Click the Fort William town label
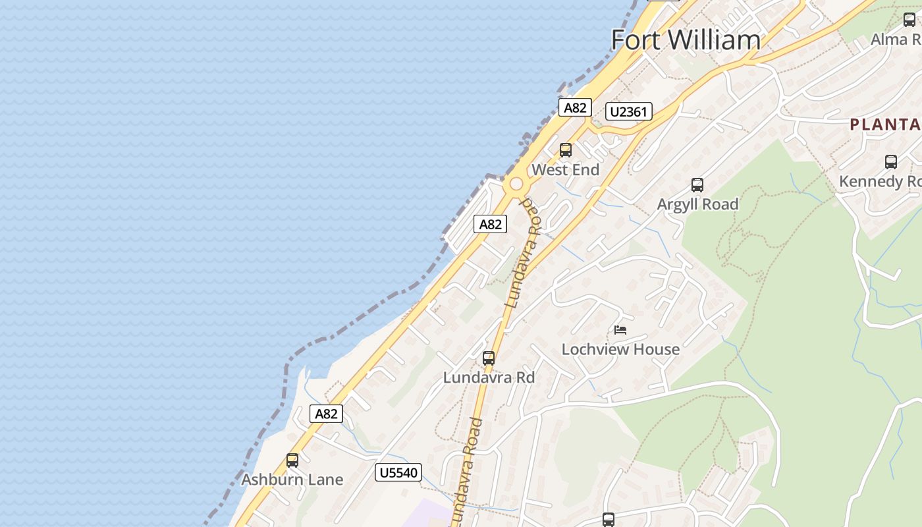pos(686,40)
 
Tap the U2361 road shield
pos(629,111)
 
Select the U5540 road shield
pos(398,472)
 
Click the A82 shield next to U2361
pos(575,107)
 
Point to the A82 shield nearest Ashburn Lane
pos(326,414)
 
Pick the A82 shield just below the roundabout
pos(490,224)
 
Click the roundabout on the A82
pos(516,184)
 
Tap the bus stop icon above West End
pos(565,150)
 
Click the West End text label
pos(565,170)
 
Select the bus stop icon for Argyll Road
pos(697,185)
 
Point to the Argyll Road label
pos(697,205)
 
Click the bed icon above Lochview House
pos(620,329)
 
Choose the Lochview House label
pos(620,349)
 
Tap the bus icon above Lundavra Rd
pos(489,358)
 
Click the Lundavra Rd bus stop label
pos(489,378)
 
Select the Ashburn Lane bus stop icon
pos(292,460)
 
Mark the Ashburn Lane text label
pos(292,480)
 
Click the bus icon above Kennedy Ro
pos(891,161)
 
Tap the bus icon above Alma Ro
pos(909,20)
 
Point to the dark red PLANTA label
pos(885,125)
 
